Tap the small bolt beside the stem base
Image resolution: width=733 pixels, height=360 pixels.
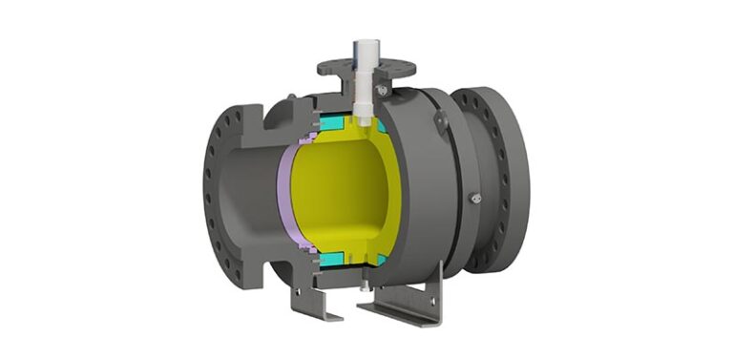point(382,90)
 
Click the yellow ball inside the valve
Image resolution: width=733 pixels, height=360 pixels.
point(339,191)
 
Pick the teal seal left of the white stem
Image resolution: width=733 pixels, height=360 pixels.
point(335,124)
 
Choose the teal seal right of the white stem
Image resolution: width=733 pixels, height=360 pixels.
point(381,125)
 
